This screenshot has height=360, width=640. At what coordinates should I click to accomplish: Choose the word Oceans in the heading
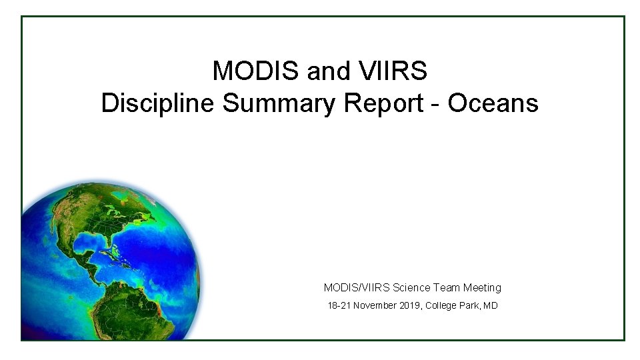[493, 103]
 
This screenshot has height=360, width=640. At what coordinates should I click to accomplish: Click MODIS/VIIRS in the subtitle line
[357, 287]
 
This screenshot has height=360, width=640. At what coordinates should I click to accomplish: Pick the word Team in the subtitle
[447, 287]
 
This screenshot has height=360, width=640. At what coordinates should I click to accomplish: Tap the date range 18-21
[338, 306]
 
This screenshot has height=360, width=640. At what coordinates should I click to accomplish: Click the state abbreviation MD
[491, 306]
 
